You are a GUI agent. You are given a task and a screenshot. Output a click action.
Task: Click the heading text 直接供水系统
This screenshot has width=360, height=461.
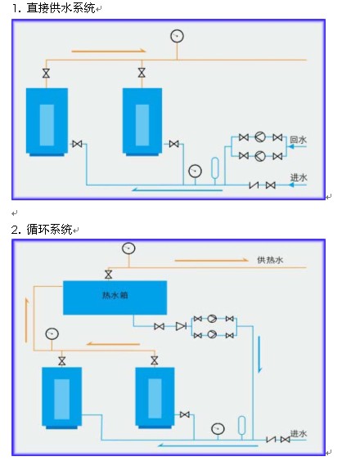point(61,8)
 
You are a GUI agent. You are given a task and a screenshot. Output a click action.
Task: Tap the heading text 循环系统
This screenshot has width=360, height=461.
point(49,230)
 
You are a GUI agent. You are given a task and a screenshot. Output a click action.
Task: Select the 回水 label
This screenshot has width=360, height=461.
point(298,140)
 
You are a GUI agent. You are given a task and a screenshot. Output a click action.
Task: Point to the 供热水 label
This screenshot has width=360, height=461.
point(270,260)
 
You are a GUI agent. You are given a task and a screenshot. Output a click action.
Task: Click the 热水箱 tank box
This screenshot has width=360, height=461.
point(115,298)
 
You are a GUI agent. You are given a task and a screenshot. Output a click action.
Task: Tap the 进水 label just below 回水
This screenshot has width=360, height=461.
point(299,177)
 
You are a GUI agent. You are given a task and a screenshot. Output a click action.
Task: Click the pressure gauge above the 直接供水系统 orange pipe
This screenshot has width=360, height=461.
point(177,36)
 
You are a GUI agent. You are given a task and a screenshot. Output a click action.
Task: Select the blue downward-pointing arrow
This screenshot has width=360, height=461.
point(259,354)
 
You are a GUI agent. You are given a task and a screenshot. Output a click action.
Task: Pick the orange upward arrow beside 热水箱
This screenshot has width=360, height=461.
point(27,320)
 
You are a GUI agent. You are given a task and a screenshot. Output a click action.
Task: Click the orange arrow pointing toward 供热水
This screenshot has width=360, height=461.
point(212,260)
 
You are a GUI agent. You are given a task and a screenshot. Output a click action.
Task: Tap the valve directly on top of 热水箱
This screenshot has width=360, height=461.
point(109,275)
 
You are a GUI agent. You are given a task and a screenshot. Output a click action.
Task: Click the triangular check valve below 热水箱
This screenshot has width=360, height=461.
point(181,326)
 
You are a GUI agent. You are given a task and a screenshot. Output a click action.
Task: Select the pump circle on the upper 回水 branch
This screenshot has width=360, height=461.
point(260,137)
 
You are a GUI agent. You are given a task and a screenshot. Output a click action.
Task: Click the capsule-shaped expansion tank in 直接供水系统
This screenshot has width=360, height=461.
point(215,168)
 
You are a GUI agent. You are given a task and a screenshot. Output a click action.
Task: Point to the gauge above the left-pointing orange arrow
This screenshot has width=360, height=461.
point(52,333)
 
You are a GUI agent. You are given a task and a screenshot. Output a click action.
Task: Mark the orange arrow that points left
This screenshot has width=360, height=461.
point(113,343)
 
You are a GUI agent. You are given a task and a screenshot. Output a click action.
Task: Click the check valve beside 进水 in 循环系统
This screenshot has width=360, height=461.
point(271,440)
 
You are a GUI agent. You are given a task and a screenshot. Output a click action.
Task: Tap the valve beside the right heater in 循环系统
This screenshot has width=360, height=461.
point(185,414)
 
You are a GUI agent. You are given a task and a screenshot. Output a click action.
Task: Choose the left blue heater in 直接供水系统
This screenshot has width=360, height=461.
point(47,122)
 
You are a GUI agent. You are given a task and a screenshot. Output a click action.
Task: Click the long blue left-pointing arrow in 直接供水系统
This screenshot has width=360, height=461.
point(177,190)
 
